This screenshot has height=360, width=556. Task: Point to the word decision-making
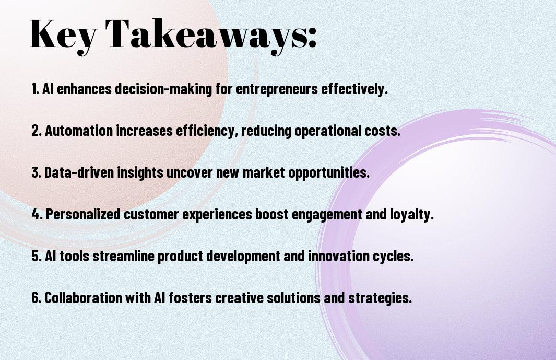(163, 89)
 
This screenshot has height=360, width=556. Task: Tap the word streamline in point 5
(123, 256)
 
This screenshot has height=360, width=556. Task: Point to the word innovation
(339, 256)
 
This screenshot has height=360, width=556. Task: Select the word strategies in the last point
(380, 298)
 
